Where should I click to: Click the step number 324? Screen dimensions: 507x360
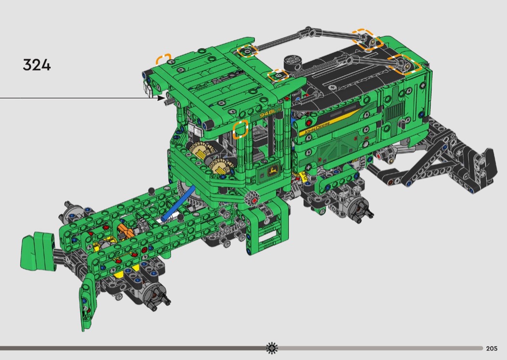tap(37, 65)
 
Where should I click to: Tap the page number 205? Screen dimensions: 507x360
tap(492, 348)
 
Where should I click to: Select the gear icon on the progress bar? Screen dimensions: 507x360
tap(271, 348)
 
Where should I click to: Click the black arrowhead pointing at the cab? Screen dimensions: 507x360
tap(161, 97)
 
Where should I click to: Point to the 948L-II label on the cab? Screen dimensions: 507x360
tap(271, 113)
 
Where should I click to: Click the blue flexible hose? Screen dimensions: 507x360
tap(177, 204)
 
